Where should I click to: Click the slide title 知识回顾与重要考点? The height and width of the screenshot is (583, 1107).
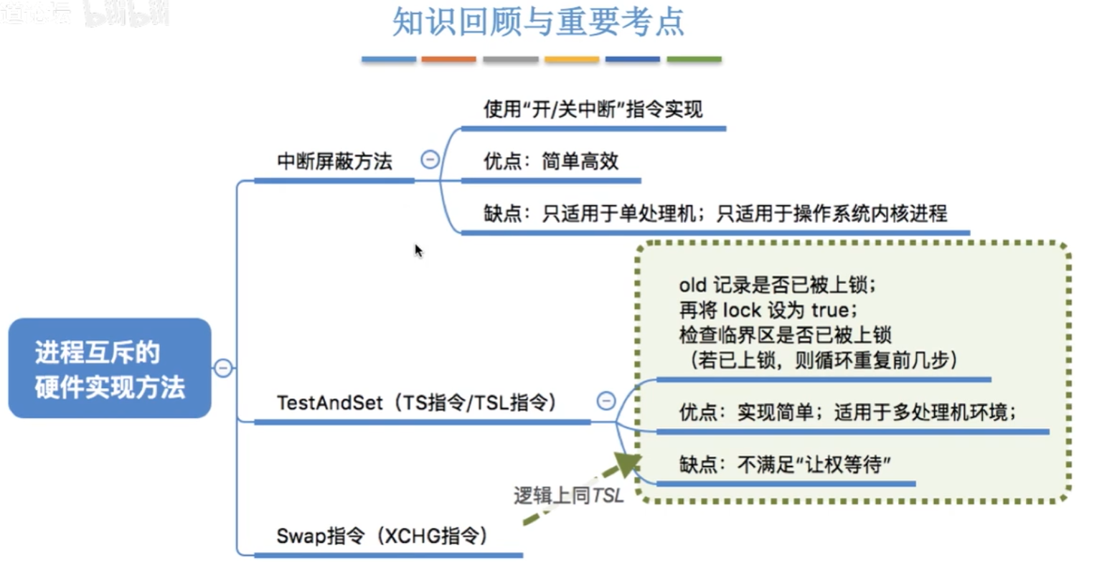[538, 22]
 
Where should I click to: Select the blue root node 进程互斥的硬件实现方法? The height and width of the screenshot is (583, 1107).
[110, 369]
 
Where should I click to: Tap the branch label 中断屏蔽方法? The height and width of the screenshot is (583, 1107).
[334, 161]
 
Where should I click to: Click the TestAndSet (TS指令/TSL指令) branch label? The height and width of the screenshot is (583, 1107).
[416, 403]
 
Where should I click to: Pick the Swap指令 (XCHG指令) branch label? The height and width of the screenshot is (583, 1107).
[382, 536]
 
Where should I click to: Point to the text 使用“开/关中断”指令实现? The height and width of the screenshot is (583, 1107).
[593, 110]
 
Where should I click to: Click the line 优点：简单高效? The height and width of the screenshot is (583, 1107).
[550, 161]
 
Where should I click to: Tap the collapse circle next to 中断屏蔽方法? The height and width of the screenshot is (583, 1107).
[430, 159]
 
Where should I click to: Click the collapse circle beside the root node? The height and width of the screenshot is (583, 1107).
[223, 369]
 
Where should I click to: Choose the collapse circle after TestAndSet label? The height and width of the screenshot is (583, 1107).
[606, 400]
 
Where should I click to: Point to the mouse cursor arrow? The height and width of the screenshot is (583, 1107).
[418, 250]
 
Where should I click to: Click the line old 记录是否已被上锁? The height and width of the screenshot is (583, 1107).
[777, 285]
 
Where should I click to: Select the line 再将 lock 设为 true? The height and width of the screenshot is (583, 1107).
[768, 310]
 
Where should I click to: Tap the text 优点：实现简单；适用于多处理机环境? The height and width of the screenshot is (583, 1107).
[847, 412]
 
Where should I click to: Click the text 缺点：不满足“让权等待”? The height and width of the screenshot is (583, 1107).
[785, 465]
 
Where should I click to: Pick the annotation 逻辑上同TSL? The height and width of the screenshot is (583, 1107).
[568, 496]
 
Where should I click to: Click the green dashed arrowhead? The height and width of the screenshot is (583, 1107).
[627, 464]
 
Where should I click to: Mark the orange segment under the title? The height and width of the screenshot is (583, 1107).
[448, 60]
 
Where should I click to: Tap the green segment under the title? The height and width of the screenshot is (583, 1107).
[694, 60]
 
